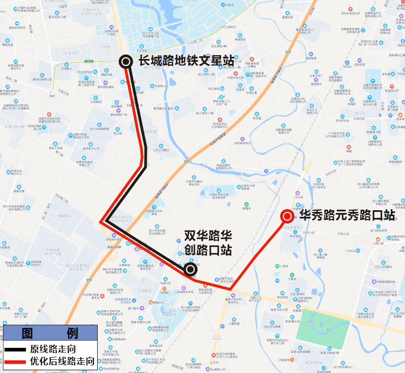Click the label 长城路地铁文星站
click(x=186, y=61)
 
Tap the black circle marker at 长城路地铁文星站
click(x=126, y=62)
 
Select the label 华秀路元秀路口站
click(x=347, y=215)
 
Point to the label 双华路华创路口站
click(x=208, y=243)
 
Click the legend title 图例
click(x=49, y=333)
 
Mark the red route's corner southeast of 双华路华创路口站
click(x=231, y=289)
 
